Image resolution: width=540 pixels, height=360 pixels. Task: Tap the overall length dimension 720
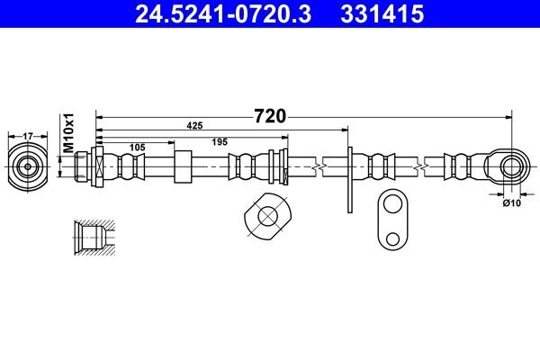[x=271, y=116]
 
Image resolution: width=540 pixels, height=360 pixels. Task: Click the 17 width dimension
[x=28, y=136]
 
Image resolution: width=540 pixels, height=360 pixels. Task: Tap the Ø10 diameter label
[x=511, y=203]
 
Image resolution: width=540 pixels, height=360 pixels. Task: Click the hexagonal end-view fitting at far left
[x=28, y=166]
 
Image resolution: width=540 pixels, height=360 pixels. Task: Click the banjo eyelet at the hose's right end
[x=509, y=166]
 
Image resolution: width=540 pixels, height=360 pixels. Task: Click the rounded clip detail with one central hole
[x=267, y=217]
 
